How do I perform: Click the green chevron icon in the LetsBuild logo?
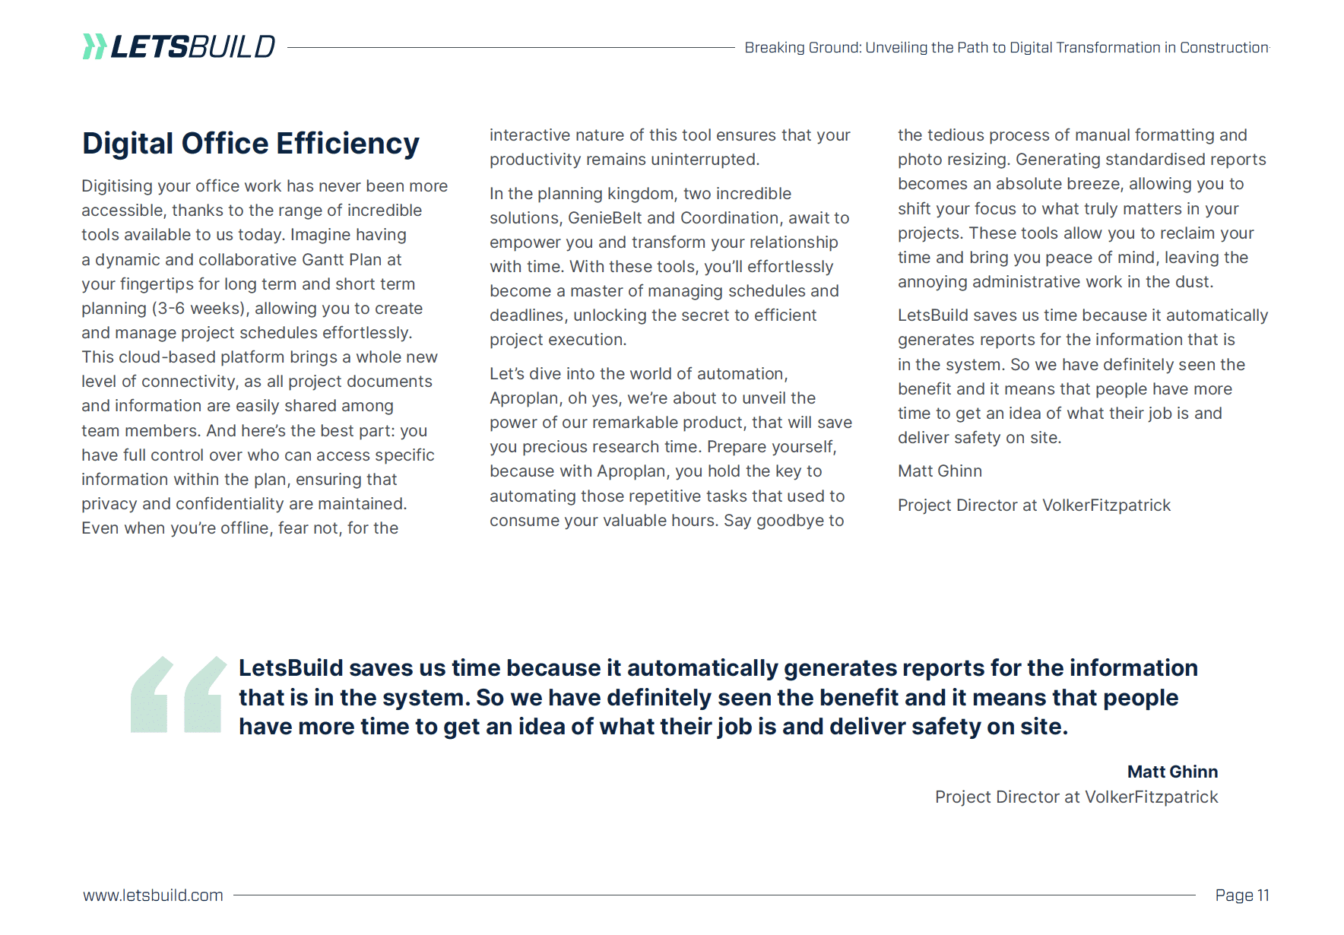point(94,46)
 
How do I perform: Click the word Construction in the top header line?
point(1224,47)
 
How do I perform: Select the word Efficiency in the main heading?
point(347,144)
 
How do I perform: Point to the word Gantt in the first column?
point(323,259)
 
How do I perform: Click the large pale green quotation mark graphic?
point(179,695)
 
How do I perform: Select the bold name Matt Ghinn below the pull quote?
point(1172,772)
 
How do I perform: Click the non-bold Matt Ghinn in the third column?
point(940,471)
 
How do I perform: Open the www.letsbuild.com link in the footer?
point(153,895)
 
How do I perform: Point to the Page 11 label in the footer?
point(1241,895)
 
